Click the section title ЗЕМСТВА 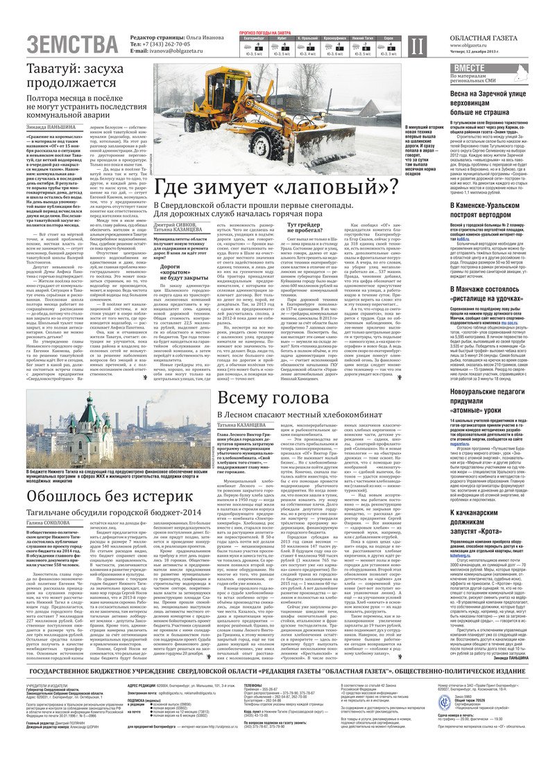click(x=72, y=44)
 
